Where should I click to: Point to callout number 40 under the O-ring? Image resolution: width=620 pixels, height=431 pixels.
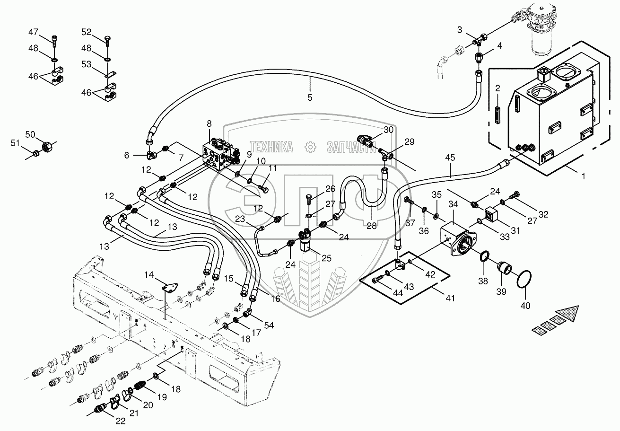[525, 305]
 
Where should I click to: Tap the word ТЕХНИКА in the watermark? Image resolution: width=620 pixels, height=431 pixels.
[271, 147]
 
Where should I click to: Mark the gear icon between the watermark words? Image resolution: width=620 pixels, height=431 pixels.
[310, 147]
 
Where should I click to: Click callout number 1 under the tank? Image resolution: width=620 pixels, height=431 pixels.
[583, 176]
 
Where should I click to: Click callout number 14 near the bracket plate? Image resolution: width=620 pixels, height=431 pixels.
[149, 274]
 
